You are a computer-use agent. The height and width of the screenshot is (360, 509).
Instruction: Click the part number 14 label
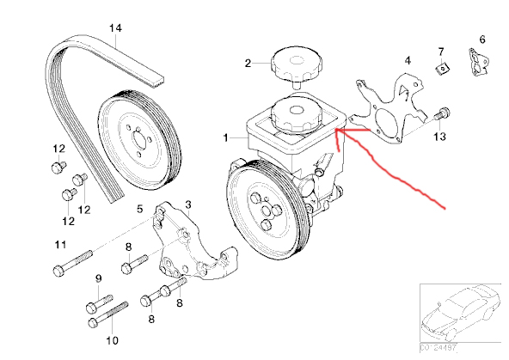coord(115,28)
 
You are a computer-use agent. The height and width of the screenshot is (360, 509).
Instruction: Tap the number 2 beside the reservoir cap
coord(248,64)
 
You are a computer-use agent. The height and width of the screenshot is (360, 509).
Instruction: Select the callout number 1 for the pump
coord(226,137)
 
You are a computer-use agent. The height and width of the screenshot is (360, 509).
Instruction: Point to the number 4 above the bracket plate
coord(408,61)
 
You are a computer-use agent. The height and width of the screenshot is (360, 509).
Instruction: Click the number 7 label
coord(441,52)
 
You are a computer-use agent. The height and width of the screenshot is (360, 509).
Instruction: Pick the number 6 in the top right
coord(482,40)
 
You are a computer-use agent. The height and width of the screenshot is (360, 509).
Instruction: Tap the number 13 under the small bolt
coord(440,137)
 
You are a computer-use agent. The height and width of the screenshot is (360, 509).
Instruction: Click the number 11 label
coord(60,244)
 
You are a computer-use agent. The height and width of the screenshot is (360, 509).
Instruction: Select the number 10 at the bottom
coord(113,340)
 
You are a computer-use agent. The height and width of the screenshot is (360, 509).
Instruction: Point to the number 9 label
coord(98,278)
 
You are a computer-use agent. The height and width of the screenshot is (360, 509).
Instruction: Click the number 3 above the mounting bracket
coord(188,204)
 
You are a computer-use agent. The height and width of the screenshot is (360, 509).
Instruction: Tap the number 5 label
coord(140,209)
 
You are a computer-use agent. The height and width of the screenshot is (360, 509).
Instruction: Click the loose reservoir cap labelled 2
coord(296,67)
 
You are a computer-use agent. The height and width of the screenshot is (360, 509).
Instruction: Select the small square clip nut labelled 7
coord(442,69)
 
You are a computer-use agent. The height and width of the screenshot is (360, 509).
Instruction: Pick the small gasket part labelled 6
coord(478,62)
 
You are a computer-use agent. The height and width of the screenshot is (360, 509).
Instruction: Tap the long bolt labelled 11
coord(73,263)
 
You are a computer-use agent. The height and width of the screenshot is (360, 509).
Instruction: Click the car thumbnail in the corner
coord(460,314)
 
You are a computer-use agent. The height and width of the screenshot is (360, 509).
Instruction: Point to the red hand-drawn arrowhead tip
coord(335,130)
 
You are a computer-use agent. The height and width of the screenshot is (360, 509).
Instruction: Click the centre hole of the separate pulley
coord(140,142)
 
